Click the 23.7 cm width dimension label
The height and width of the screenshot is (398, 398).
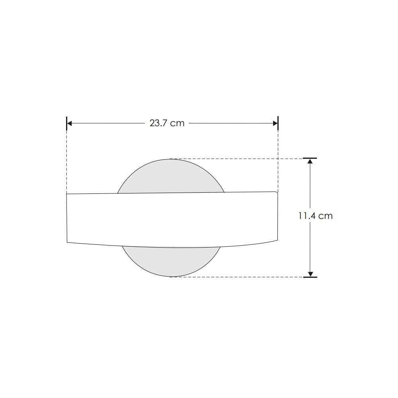167,123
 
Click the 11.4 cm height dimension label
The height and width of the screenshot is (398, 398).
315,216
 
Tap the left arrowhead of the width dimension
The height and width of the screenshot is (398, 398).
70,123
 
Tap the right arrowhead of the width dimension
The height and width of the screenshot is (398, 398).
275,123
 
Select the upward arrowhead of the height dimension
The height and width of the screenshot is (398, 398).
310,161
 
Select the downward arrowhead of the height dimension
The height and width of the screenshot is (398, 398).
310,274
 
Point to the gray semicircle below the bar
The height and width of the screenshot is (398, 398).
171,261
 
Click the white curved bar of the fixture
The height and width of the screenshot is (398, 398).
172,220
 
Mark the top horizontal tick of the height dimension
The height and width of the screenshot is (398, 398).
310,158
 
